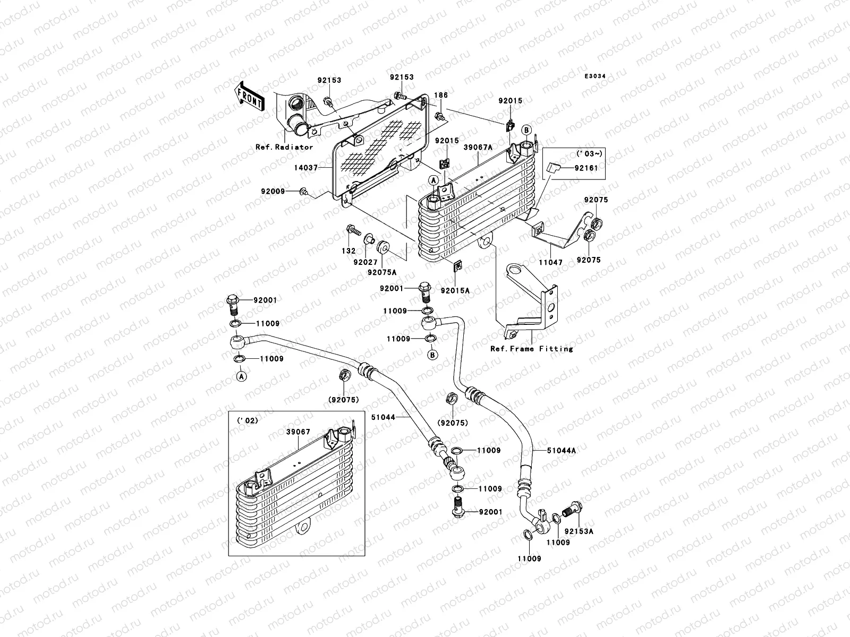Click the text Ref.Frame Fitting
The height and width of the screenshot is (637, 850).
pos(531,349)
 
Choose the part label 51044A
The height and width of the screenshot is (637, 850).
pos(562,451)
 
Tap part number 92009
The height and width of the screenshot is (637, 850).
pos(273,191)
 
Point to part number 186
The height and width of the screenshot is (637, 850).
pos(441,96)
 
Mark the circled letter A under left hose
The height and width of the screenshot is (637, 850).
pos(241,376)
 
